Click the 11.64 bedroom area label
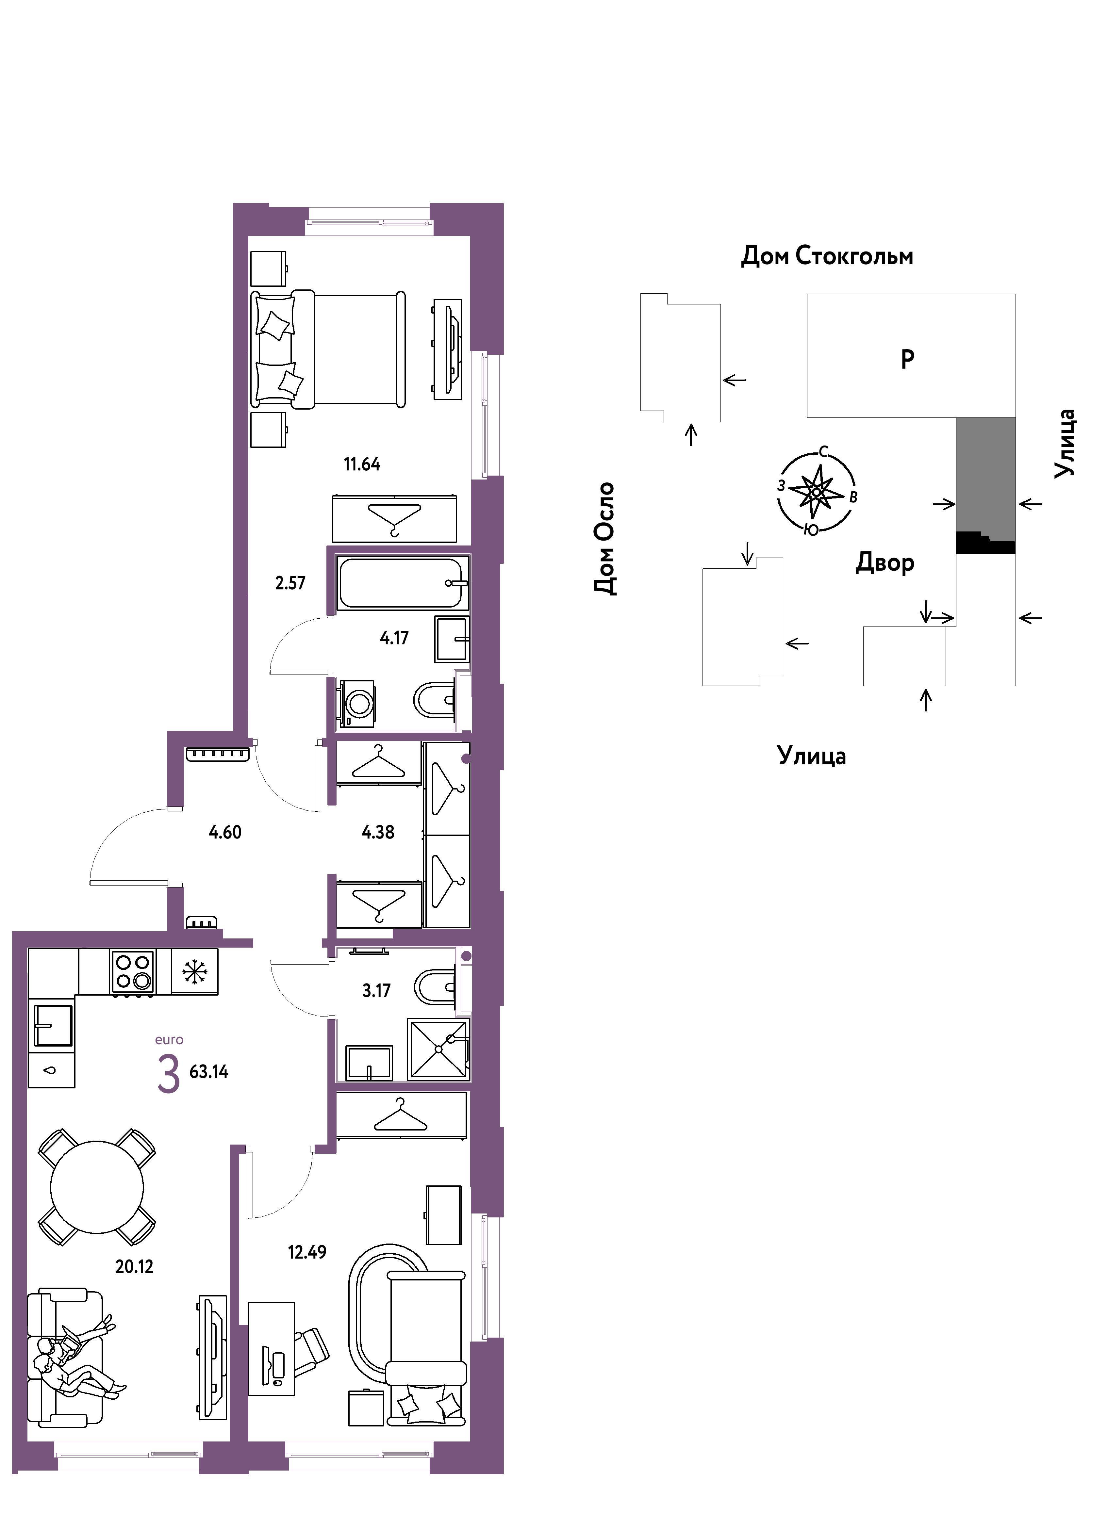(362, 464)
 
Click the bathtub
(402, 583)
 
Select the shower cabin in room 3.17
(438, 1049)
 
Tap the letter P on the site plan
(908, 359)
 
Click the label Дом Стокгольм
(827, 256)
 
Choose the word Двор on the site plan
(885, 562)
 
